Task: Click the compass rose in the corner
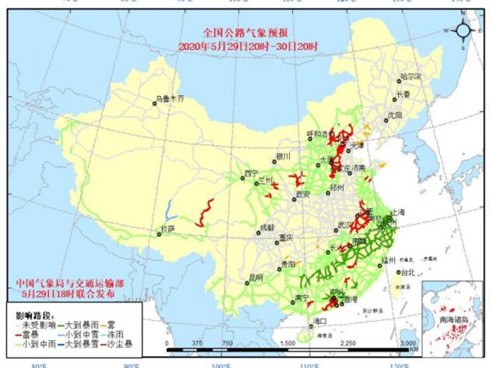pos(463,30)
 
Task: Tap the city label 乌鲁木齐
pos(170,99)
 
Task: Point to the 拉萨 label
pos(167,229)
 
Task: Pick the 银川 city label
pos(282,156)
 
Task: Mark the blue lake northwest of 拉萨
pos(169,209)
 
